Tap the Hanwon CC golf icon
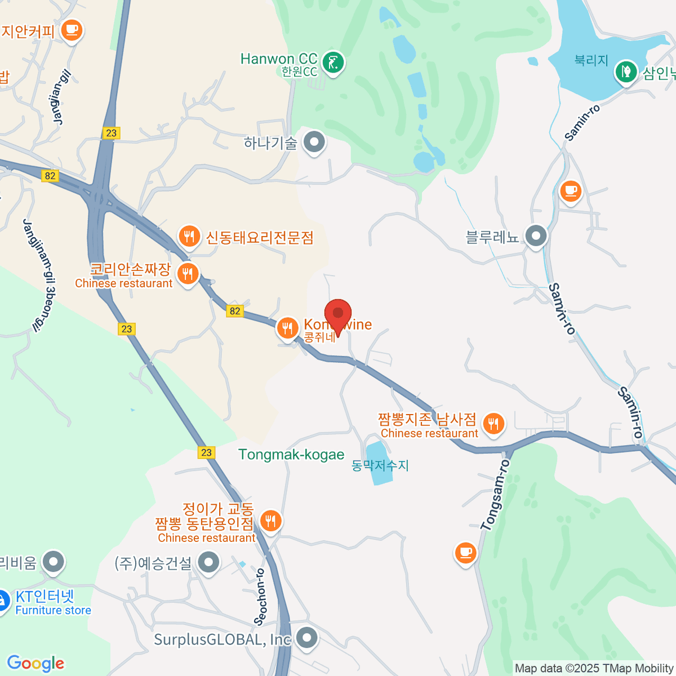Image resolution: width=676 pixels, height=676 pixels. coord(333,62)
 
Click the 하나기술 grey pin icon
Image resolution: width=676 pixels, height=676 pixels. coord(314,141)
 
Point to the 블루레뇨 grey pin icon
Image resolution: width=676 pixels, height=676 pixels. coord(535,236)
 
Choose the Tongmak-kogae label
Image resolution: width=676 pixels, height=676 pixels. coord(291,455)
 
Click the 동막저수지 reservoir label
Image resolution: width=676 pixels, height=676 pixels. coord(380,465)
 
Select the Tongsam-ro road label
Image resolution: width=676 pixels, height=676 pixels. coord(496,495)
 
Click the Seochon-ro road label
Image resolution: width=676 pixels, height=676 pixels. coord(260,597)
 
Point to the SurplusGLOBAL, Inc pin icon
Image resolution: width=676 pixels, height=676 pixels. coord(307,638)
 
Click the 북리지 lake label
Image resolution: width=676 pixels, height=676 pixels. coord(591,60)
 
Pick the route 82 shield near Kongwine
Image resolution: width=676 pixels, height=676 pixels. coord(235,311)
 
